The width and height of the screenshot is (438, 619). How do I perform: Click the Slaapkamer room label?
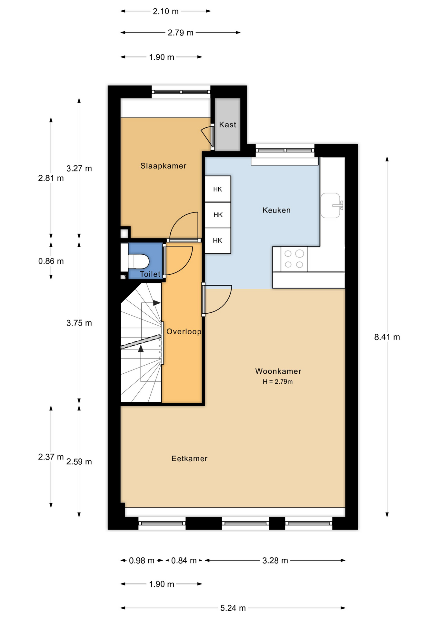[163, 166]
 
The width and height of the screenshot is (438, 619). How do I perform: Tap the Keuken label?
[276, 210]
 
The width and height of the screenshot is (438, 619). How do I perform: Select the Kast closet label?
[227, 124]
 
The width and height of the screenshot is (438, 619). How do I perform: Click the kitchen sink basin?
[330, 205]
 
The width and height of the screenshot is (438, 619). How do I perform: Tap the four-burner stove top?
[294, 259]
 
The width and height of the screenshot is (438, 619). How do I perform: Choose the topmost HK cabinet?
[218, 189]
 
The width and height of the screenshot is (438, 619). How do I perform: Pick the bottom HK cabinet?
[218, 241]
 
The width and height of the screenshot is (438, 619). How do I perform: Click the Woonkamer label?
[278, 371]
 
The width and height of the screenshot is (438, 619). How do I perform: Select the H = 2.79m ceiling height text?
[278, 382]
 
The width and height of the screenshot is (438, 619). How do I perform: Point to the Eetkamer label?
[189, 458]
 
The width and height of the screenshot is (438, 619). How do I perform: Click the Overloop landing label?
[184, 331]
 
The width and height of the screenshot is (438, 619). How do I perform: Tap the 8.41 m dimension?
[387, 337]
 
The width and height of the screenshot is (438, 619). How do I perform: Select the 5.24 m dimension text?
[233, 608]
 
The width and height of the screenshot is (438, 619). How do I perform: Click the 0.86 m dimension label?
[51, 261]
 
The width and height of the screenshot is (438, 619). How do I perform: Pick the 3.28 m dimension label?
[275, 561]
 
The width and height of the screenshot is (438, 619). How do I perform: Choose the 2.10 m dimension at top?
[165, 12]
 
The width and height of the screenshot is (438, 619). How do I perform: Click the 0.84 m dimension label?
[184, 561]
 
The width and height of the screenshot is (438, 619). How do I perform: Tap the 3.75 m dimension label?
[79, 323]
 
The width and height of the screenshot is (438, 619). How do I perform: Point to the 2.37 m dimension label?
[51, 457]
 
